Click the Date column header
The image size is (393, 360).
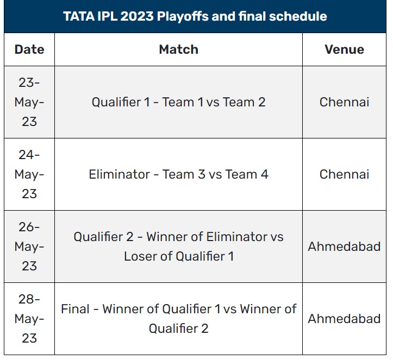pyautogui.click(x=29, y=49)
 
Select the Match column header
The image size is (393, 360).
pyautogui.click(x=178, y=49)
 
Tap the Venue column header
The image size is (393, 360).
pyautogui.click(x=344, y=49)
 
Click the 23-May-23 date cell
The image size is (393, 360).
pyautogui.click(x=29, y=102)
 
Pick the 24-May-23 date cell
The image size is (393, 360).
pyautogui.click(x=29, y=174)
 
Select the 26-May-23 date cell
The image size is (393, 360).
pyautogui.click(x=29, y=247)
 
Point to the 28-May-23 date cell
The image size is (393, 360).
pyautogui.click(x=29, y=319)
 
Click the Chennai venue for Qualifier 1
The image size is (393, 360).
pyautogui.click(x=344, y=102)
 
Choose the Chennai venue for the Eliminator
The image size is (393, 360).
pyautogui.click(x=344, y=174)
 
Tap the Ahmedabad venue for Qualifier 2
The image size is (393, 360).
pyautogui.click(x=344, y=247)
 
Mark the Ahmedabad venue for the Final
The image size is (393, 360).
pyautogui.click(x=344, y=319)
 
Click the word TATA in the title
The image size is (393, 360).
pyautogui.click(x=78, y=16)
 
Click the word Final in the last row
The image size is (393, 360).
pyautogui.click(x=74, y=309)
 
